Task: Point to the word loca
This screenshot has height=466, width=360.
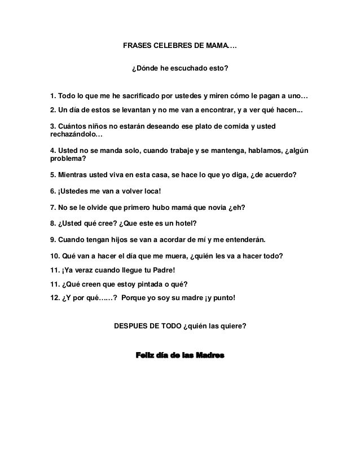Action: click(149, 191)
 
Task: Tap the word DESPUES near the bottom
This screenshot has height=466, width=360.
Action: click(134, 326)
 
